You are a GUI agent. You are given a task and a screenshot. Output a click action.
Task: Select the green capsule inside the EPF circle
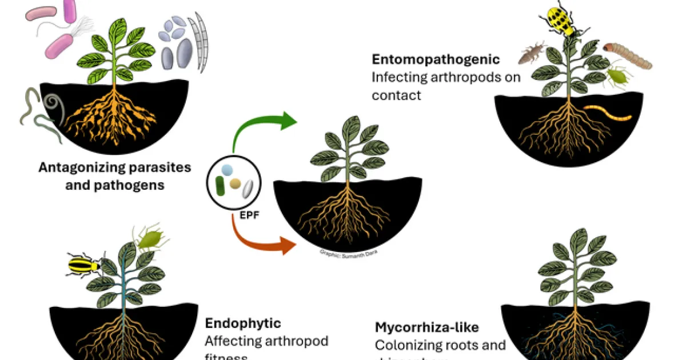pyautogui.click(x=220, y=185)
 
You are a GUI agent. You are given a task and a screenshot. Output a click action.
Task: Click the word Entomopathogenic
pyautogui.click(x=436, y=59)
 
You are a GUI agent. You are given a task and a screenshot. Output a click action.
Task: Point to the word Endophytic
pyautogui.click(x=243, y=323)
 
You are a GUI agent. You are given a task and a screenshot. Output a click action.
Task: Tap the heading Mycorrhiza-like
pyautogui.click(x=426, y=327)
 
